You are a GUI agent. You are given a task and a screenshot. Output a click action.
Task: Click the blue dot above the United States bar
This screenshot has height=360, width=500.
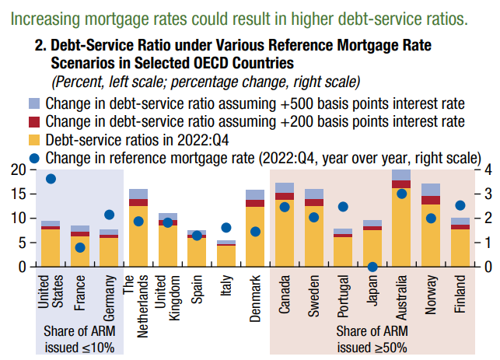[x=51, y=179]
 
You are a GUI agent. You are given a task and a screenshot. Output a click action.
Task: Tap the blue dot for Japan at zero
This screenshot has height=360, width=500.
[x=372, y=267]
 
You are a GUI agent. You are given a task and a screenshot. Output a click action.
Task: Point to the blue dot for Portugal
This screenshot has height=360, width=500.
[x=343, y=207]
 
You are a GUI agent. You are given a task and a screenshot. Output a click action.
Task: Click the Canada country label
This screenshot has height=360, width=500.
[x=285, y=295]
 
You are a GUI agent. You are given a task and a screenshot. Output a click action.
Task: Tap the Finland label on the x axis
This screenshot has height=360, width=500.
[x=460, y=295]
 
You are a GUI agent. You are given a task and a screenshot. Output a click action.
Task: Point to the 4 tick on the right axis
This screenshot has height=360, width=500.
[x=488, y=170]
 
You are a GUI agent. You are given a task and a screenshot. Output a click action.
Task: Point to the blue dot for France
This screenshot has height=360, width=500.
[x=80, y=247]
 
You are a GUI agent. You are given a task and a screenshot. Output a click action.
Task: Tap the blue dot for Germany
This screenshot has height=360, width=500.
[x=109, y=215]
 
